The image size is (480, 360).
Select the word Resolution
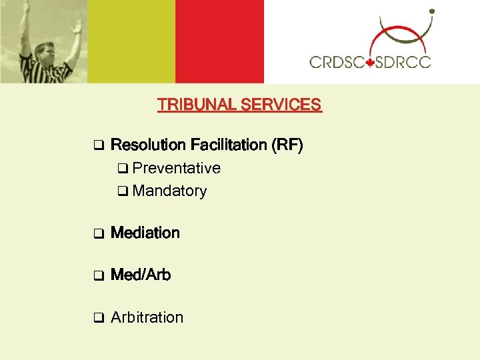[x=148, y=145]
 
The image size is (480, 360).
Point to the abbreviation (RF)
[x=288, y=145]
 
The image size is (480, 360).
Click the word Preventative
[x=177, y=168]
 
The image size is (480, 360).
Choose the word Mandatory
[x=170, y=191]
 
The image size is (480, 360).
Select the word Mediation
[x=145, y=233]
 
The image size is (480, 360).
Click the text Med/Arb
[x=141, y=275]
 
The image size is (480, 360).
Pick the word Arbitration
[x=147, y=317]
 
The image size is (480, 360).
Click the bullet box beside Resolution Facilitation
[x=97, y=145]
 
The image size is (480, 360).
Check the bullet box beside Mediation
[x=97, y=234]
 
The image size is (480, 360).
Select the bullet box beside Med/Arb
[x=97, y=275]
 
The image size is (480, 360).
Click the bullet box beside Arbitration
[x=97, y=318]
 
